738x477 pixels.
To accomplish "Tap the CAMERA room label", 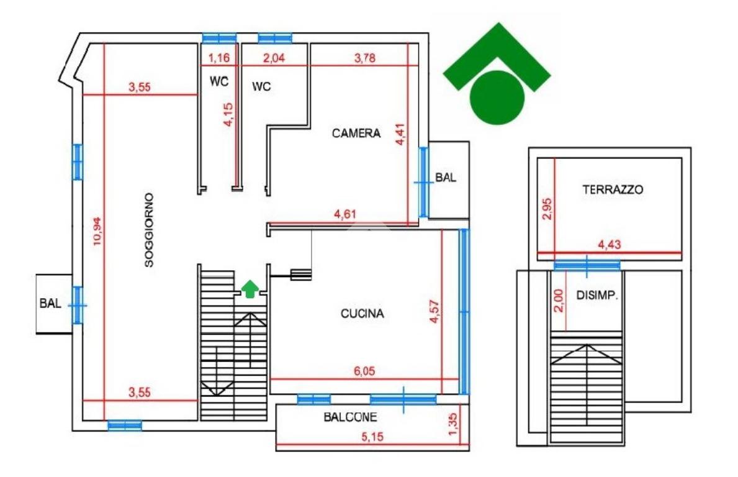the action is click(x=356, y=133).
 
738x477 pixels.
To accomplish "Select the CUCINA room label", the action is click(x=362, y=314).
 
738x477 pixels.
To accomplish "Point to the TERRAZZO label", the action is click(x=613, y=189).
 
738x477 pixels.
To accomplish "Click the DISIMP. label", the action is click(x=598, y=296).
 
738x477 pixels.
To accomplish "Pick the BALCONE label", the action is click(x=350, y=417).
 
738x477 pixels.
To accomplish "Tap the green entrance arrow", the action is click(x=250, y=289).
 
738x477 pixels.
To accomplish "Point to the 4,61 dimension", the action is click(x=346, y=215).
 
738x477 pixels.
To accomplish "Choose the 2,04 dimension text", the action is click(x=275, y=58).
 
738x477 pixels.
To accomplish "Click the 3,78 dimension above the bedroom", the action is click(x=366, y=58).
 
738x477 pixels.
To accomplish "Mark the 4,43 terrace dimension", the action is click(x=609, y=245).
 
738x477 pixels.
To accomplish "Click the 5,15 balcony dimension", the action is click(x=372, y=437).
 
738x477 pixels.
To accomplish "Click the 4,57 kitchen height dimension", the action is click(x=434, y=311).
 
